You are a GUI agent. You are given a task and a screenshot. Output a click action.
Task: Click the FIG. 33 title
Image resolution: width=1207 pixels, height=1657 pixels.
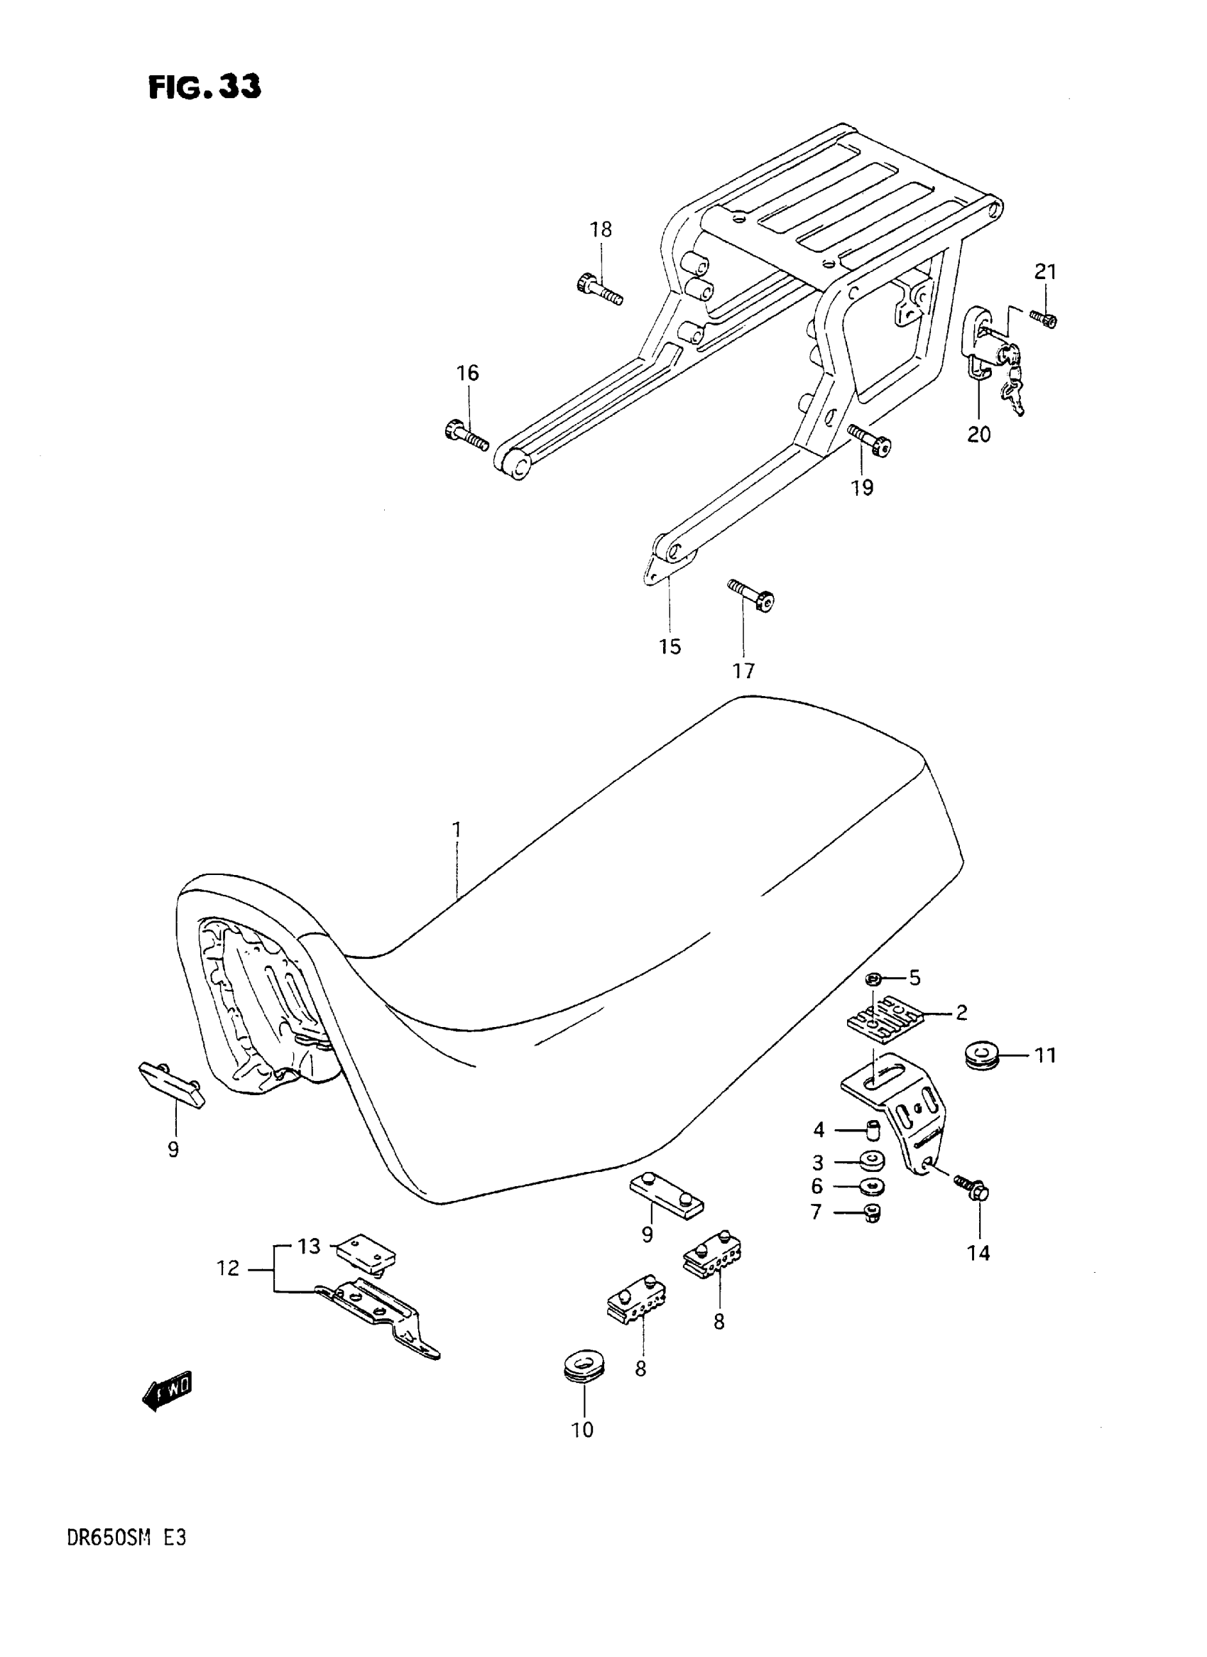(204, 87)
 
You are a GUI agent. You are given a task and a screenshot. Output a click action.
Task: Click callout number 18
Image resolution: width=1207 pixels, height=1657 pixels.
(601, 229)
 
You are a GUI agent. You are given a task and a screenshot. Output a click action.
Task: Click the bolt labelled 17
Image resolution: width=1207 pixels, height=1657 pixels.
(751, 597)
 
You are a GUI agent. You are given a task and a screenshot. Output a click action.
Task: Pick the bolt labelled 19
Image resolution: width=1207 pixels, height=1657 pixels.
(870, 441)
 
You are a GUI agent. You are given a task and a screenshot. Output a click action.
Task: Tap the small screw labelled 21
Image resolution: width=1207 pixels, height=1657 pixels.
(1044, 319)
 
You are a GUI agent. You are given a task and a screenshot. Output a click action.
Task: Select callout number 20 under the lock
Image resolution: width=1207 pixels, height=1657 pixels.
(978, 434)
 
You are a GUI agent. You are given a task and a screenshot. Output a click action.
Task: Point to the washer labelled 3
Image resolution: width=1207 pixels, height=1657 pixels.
(871, 1161)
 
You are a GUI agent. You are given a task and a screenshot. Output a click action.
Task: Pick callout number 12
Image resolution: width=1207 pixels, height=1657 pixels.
(228, 1268)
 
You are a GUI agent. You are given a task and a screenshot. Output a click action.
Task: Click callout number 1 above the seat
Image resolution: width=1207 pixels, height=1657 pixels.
(457, 830)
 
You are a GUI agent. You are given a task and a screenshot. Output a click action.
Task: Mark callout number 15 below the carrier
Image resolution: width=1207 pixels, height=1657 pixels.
(670, 646)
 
